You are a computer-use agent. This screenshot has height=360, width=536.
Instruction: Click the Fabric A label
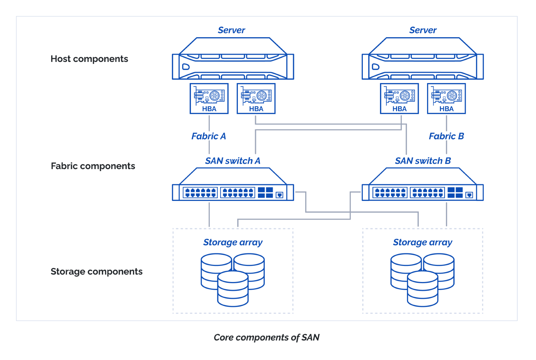tap(208, 136)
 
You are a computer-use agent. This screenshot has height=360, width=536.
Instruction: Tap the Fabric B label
tap(446, 136)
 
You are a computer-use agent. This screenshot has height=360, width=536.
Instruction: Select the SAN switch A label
tap(232, 161)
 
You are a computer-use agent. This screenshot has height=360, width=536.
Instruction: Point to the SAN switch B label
tap(423, 161)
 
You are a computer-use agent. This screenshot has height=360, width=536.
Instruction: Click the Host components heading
tap(89, 59)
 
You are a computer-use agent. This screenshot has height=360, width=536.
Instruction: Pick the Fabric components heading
tap(93, 166)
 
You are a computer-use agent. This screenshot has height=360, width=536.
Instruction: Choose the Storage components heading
tap(96, 272)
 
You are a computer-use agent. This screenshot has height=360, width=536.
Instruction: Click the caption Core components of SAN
tap(266, 337)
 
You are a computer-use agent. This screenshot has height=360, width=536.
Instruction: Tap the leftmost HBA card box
tap(209, 98)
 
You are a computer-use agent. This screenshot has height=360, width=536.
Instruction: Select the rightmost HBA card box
tap(446, 98)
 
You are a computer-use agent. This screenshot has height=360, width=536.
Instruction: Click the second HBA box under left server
tap(256, 98)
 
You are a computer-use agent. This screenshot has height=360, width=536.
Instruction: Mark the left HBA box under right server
tap(399, 98)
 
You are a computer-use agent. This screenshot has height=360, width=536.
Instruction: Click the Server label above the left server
tap(231, 30)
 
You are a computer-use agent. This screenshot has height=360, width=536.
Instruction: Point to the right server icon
tap(423, 60)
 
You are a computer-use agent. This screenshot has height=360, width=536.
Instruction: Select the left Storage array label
tap(233, 242)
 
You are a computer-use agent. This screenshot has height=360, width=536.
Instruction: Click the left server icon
tap(233, 60)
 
